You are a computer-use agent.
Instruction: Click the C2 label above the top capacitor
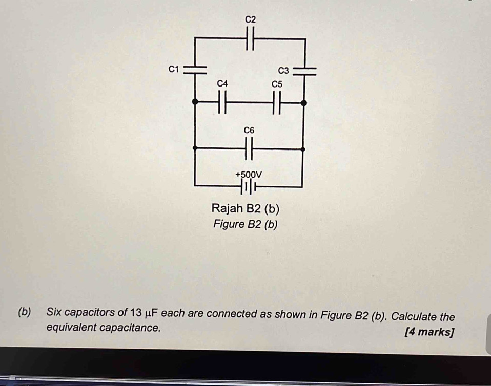pos(250,19)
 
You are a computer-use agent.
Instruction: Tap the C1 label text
pos(173,69)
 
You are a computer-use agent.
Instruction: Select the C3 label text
pos(283,71)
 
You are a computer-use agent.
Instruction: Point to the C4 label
pos(222,83)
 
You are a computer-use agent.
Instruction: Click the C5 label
pos(277,84)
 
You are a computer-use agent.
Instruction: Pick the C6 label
pos(249,130)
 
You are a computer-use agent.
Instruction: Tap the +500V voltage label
pos(249,175)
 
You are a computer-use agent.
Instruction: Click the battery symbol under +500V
pos(249,187)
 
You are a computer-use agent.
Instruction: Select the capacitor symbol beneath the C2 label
pos(250,38)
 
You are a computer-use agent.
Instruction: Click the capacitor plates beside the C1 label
pos(195,70)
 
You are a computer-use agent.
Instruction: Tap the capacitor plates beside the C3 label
pos(304,71)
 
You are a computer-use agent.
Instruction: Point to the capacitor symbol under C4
pos(222,102)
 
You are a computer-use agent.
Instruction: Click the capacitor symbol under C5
pos(277,102)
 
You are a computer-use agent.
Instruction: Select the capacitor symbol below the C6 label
pos(249,148)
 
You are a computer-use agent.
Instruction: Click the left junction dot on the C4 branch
pos(195,102)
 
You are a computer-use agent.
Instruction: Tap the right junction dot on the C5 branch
pos(303,103)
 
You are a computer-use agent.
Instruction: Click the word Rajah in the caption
pos(227,208)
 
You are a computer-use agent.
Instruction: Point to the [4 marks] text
pos(429,332)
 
